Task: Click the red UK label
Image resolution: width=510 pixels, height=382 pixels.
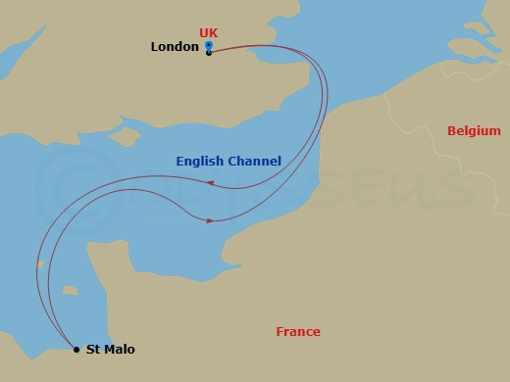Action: pos(208,33)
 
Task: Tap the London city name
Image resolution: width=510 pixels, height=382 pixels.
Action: pos(175,47)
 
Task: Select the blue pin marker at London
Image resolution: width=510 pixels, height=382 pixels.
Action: pos(209,45)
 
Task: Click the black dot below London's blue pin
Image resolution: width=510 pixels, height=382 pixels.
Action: pos(209,53)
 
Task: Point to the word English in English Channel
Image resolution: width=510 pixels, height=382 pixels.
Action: pos(202,162)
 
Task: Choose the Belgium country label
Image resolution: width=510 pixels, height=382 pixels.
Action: pos(474,131)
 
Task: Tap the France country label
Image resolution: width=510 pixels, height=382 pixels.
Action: pos(298,332)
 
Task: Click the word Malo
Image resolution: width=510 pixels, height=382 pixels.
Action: pos(120,350)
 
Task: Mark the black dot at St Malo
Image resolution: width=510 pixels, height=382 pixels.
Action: pos(76,349)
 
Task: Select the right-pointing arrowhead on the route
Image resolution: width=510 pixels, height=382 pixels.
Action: pos(210,219)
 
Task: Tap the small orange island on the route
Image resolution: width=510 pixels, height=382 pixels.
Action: pos(39,264)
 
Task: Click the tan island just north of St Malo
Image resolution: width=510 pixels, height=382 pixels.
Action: pos(69,290)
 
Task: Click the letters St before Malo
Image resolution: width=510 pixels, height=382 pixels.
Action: pos(93,350)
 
